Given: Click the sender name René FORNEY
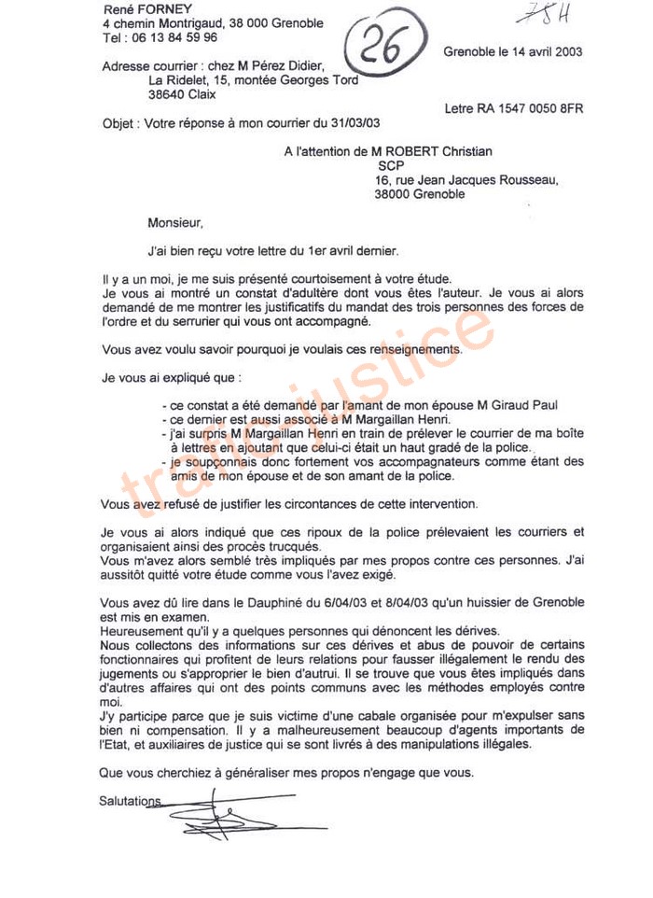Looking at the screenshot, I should (x=141, y=8).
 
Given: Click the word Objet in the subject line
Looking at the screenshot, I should (x=118, y=123).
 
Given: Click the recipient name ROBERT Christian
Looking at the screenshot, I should (x=445, y=151).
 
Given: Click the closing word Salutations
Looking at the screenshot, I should (x=130, y=801).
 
